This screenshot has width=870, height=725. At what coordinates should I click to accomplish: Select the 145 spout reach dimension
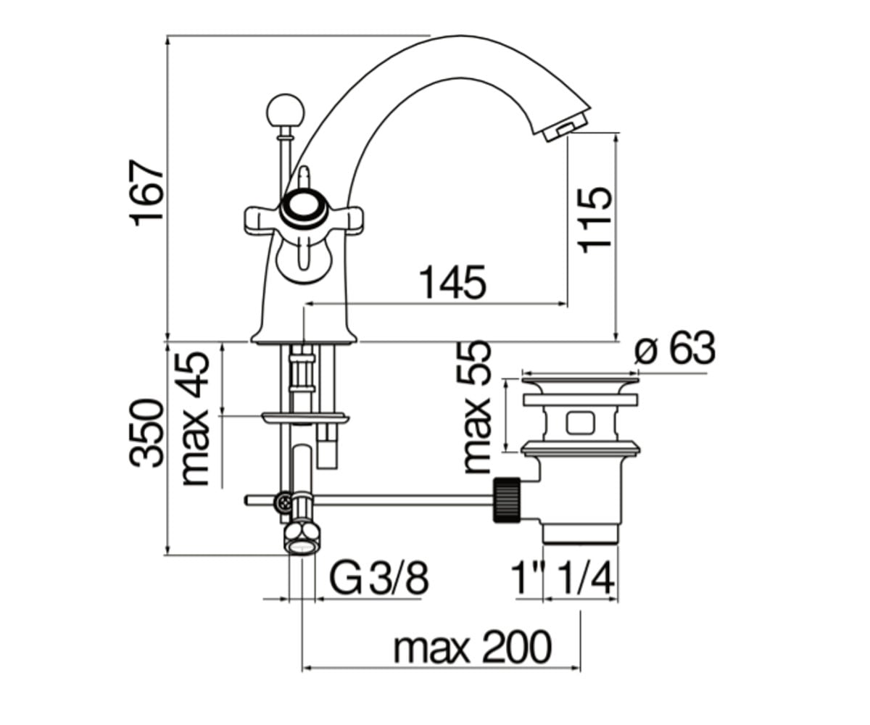[x=452, y=283]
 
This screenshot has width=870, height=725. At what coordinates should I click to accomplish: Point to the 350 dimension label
[x=146, y=434]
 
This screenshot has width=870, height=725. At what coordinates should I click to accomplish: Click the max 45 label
[x=196, y=420]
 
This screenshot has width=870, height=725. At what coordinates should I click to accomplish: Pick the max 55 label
[x=476, y=407]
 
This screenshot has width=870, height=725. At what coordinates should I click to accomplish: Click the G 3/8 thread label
[x=378, y=579]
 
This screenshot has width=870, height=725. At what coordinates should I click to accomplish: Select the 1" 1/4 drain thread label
[x=563, y=579]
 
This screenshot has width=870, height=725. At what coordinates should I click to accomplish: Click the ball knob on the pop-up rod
[x=286, y=112]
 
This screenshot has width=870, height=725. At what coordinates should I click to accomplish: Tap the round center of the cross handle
[x=301, y=209]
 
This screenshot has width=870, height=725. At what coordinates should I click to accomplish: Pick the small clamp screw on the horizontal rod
[x=285, y=502]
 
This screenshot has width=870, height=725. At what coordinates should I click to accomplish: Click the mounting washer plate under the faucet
[x=304, y=417]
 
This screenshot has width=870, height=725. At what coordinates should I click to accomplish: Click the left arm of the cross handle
[x=262, y=220]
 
